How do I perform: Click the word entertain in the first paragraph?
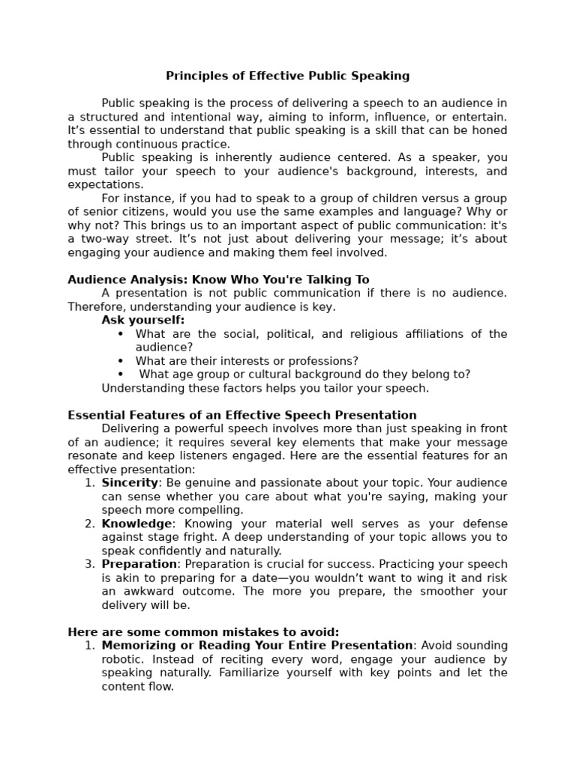(481, 117)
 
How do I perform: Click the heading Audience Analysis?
(127, 279)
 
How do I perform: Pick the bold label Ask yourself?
(142, 320)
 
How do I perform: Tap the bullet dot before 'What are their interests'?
(120, 361)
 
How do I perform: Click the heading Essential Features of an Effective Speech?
(241, 415)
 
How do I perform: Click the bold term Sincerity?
(130, 483)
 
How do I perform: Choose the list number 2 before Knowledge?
(89, 524)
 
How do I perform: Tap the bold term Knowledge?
(136, 524)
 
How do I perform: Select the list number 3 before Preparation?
(89, 564)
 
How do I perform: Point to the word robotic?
(122, 659)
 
